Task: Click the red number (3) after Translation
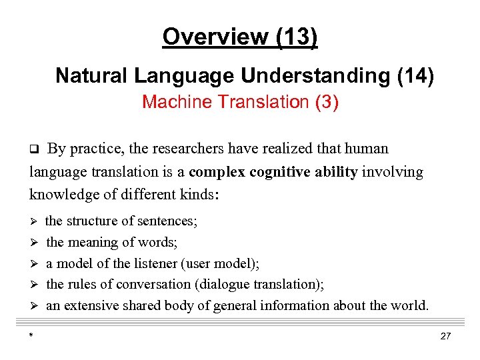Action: click(x=327, y=102)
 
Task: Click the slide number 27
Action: click(x=445, y=336)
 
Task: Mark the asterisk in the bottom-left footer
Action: click(x=31, y=337)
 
